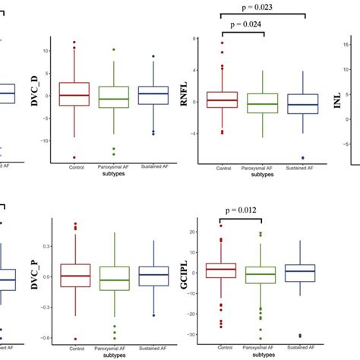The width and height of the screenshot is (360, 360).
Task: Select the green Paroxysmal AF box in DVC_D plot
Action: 114,96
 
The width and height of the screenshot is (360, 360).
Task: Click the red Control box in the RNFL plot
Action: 223,99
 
